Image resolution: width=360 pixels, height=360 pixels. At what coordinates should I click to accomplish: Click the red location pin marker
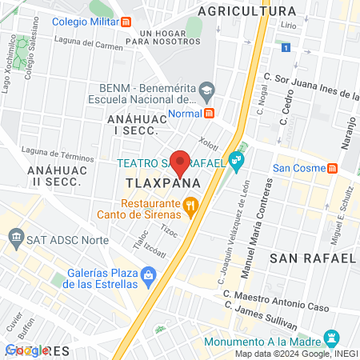tap(181, 162)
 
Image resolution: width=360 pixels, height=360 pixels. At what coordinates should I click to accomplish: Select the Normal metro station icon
tap(209, 113)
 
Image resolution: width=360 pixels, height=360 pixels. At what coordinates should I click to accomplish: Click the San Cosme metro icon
tap(331, 168)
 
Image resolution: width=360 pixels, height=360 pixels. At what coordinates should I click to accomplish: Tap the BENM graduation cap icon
tap(206, 90)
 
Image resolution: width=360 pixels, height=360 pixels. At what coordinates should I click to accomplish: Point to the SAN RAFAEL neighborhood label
tap(312, 258)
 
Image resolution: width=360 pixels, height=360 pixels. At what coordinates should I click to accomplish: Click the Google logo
tap(24, 350)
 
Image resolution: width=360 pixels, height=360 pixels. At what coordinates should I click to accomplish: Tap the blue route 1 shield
tap(285, 49)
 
